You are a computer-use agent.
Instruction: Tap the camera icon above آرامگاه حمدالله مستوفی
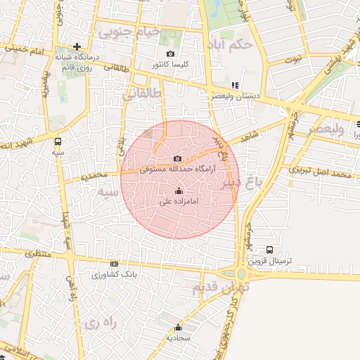[177, 159]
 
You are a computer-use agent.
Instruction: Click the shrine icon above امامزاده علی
[179, 191]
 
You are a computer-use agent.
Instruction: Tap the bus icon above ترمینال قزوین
[269, 250]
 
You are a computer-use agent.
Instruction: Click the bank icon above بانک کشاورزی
[115, 264]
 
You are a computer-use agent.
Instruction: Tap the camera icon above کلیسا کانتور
[170, 54]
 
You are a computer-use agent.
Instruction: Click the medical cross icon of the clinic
[77, 46]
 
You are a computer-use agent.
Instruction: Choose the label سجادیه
[179, 338]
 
